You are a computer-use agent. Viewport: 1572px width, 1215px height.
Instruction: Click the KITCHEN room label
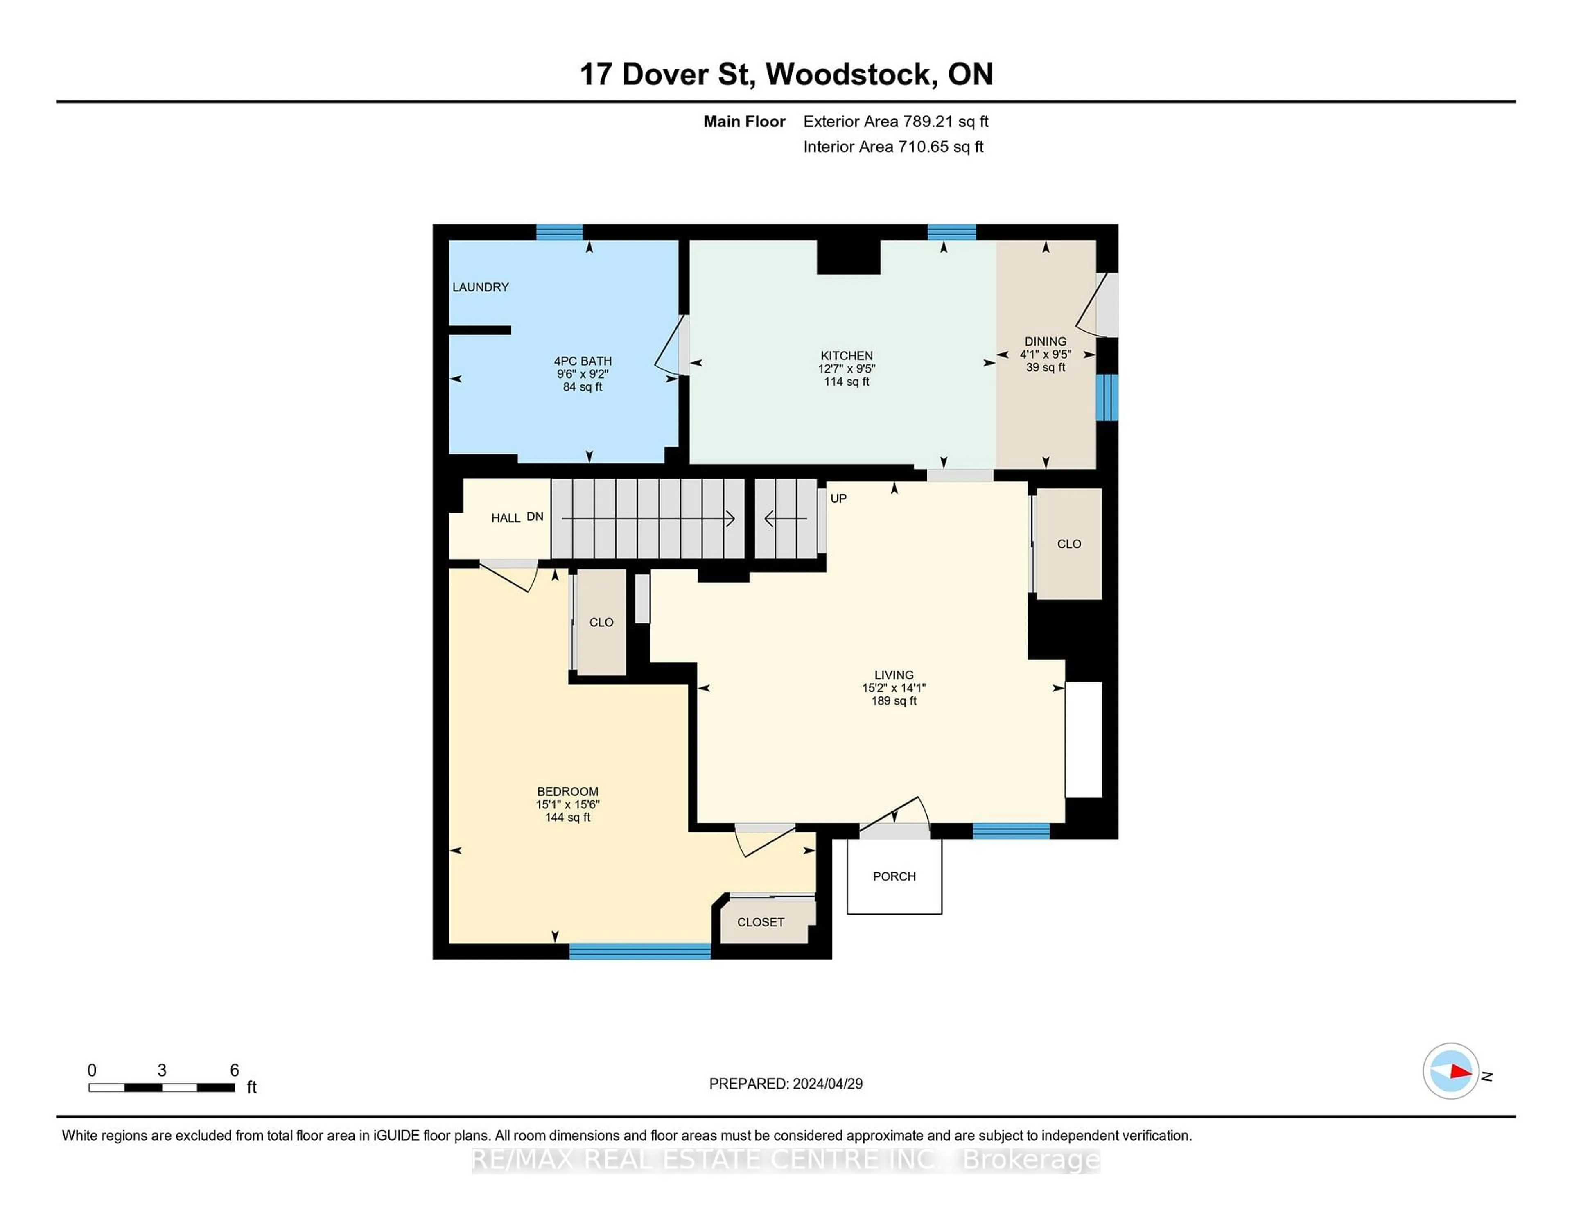847,356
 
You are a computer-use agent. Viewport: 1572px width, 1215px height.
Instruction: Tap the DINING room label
1045,341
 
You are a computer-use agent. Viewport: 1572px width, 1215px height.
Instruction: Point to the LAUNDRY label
480,287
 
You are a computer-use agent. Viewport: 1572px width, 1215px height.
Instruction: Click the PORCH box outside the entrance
894,876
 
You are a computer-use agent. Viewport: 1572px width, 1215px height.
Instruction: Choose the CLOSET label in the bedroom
760,922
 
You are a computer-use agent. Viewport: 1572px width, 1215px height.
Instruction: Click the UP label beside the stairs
838,498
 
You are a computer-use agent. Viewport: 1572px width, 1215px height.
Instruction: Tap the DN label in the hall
535,517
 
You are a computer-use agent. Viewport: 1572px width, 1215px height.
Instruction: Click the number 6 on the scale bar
234,1070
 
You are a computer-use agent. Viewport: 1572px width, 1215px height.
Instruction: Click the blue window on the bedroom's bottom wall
640,951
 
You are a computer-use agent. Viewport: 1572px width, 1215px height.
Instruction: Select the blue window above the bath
559,232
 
